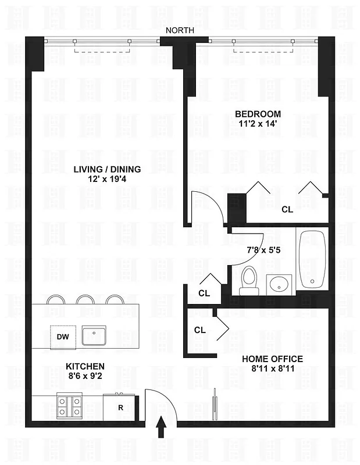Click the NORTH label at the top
coord(179,31)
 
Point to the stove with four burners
coord(69,405)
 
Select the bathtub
coord(312,259)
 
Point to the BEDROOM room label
coord(258,114)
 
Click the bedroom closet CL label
coord(287,209)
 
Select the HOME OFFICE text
coord(272,358)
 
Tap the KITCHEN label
coord(85,367)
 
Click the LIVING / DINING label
coord(107,169)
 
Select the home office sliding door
coord(214,404)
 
